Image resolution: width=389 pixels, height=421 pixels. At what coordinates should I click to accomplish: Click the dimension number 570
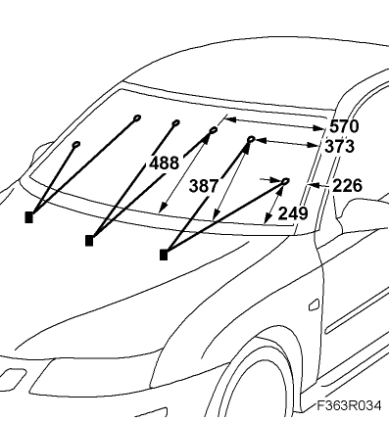tap(344, 126)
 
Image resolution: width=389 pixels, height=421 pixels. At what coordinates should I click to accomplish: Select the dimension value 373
tap(339, 146)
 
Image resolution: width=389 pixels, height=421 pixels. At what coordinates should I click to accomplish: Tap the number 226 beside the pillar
tap(348, 186)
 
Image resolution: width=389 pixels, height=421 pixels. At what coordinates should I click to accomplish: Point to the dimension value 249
tap(293, 213)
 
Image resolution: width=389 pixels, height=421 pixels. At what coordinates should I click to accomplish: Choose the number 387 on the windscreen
tap(204, 186)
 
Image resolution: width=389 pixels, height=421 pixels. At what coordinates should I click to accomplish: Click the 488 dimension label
tap(164, 163)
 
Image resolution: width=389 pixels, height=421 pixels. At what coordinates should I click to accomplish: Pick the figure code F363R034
tap(349, 405)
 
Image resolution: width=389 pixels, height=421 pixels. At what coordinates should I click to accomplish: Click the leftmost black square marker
tap(29, 217)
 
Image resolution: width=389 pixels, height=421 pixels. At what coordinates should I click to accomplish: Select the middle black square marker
tap(89, 241)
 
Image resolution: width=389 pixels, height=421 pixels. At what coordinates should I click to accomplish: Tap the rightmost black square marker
tap(164, 255)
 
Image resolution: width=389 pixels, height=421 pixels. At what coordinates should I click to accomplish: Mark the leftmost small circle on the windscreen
tap(76, 144)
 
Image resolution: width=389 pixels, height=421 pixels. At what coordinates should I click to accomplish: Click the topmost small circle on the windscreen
tap(137, 117)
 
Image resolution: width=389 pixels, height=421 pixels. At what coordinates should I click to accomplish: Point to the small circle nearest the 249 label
tap(285, 181)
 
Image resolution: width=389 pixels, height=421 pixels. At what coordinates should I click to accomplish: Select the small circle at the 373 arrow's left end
tap(251, 139)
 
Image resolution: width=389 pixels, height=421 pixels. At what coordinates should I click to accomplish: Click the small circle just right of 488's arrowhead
tap(214, 130)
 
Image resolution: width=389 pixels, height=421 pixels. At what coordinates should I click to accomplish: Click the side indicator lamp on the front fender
tap(314, 304)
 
